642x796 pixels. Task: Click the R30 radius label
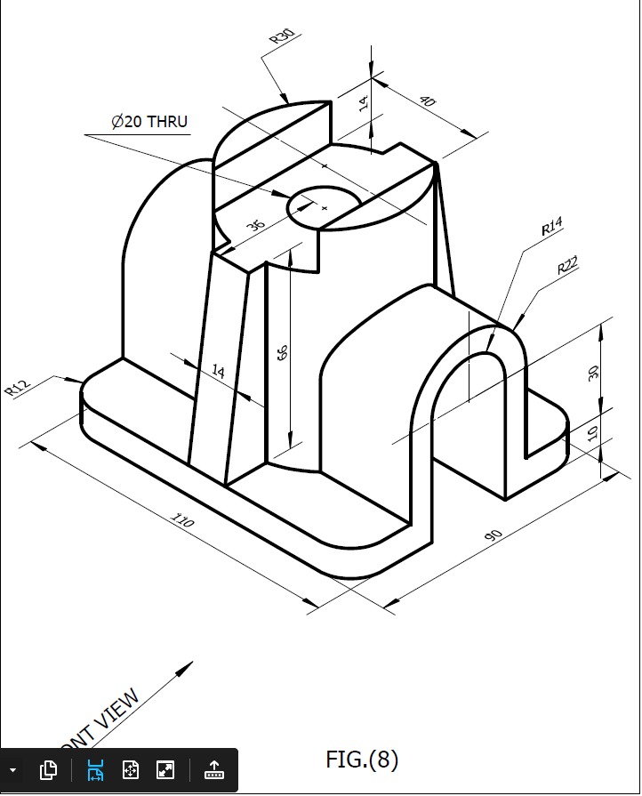(x=282, y=36)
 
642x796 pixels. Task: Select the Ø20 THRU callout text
(x=149, y=122)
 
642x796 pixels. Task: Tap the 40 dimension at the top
(x=428, y=102)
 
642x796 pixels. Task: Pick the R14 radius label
(x=552, y=229)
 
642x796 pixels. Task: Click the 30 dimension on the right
(x=594, y=373)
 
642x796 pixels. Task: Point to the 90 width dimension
(x=493, y=535)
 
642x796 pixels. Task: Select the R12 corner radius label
(x=18, y=387)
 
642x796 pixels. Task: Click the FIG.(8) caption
(x=362, y=760)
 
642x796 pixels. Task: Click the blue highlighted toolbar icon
(x=95, y=770)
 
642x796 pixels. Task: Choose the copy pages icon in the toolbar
(x=49, y=770)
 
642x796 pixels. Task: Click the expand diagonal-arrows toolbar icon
(x=165, y=770)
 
